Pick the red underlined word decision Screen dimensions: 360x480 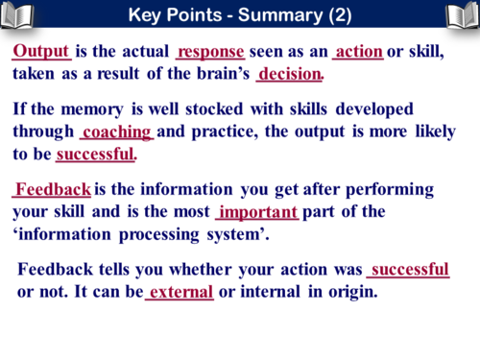[x=290, y=74]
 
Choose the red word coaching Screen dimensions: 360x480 [x=117, y=132]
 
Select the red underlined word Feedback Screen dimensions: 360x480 [x=53, y=189]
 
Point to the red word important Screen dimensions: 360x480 [x=258, y=211]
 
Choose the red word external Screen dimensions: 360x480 [x=181, y=291]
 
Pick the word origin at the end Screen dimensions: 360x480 [x=352, y=291]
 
